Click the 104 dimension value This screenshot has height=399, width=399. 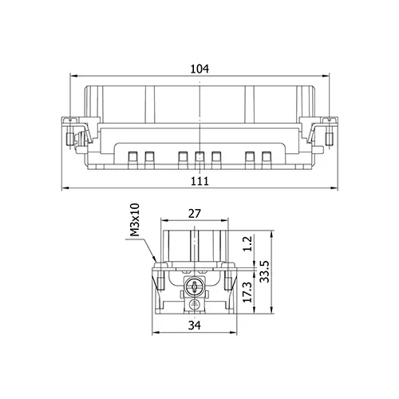tap(199, 69)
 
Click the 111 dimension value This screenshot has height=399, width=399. tap(199, 181)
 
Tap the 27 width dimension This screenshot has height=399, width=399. tap(195, 214)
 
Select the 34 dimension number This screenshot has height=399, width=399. tap(195, 325)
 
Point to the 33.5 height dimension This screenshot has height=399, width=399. tap(265, 271)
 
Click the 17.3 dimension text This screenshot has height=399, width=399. tap(247, 292)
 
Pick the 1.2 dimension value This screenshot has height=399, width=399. tap(247, 243)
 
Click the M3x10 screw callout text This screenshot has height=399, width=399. tap(135, 219)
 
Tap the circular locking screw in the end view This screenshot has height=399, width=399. tap(195, 287)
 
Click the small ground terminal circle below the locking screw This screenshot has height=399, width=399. tap(195, 304)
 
